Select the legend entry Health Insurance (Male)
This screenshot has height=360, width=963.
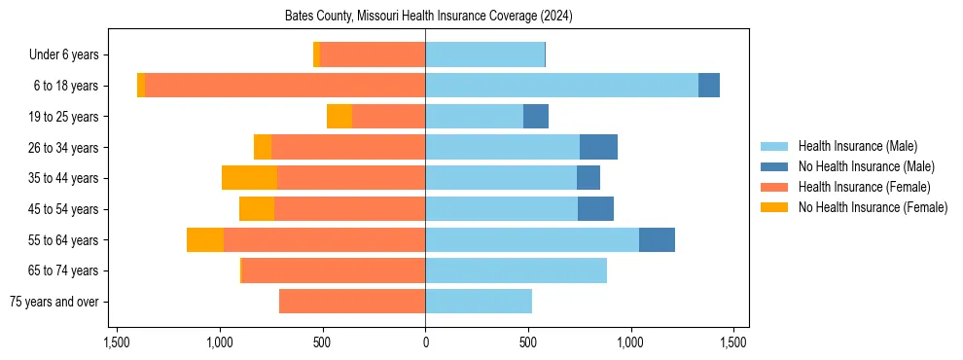857,146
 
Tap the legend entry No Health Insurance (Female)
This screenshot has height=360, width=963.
873,207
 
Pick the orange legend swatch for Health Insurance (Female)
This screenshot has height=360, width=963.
775,187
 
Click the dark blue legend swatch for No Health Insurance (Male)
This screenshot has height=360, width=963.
775,166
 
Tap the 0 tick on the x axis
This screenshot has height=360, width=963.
425,342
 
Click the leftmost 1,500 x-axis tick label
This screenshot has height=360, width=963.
116,342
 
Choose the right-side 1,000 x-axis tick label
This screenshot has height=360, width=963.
630,342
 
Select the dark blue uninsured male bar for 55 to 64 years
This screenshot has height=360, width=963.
657,239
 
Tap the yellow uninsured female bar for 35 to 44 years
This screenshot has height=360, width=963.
249,178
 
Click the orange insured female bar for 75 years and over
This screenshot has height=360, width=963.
352,302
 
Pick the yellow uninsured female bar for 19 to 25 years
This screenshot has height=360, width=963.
339,117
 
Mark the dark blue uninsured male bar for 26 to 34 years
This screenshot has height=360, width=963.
598,147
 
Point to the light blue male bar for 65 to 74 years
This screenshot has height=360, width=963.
516,270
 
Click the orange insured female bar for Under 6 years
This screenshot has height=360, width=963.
373,55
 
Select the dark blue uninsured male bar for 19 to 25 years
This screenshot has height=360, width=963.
536,117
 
